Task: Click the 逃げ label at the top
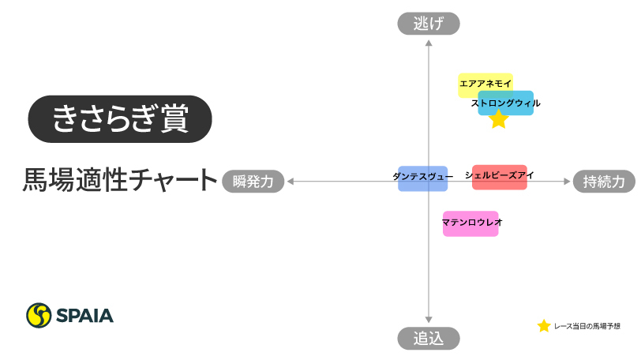(428, 24)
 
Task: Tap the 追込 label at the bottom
(428, 339)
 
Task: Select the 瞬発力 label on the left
(253, 182)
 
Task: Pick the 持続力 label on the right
(604, 182)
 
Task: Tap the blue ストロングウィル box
(506, 103)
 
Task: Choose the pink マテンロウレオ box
(471, 223)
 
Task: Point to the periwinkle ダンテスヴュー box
(422, 178)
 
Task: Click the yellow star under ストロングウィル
(498, 120)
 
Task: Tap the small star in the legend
(544, 326)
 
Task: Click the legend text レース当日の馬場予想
(587, 326)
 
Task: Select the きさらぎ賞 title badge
(120, 119)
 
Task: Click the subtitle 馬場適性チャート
(120, 180)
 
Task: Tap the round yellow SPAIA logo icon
(39, 315)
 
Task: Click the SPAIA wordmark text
(84, 316)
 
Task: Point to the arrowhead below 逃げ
(428, 42)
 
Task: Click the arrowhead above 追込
(428, 320)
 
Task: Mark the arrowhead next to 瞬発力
(291, 182)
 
